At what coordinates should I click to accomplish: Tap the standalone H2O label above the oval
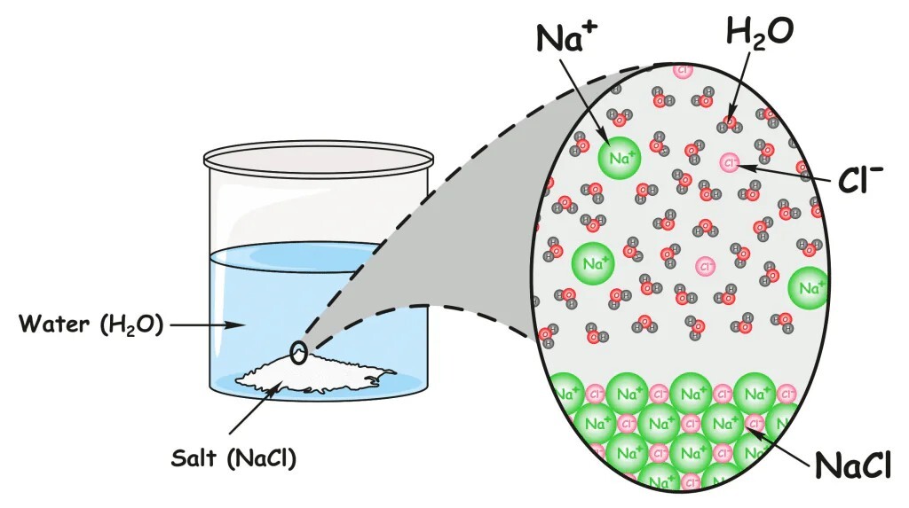coord(759,35)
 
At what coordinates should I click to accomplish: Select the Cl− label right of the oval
coord(859,181)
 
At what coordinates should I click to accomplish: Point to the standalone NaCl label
coord(857,463)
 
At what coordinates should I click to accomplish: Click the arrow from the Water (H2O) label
coord(208,325)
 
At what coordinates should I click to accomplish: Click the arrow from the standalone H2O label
coord(743,85)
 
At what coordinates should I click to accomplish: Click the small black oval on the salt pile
coord(300,355)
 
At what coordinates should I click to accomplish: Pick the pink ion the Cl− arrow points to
coord(730,162)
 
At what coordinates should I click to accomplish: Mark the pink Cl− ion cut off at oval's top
coord(683,69)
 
